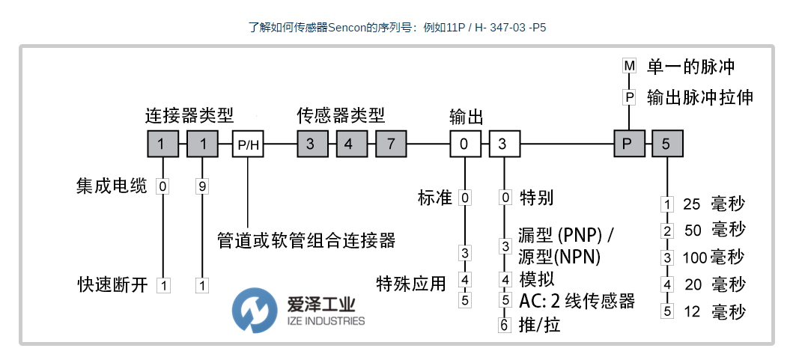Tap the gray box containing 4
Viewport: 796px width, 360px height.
pos(350,144)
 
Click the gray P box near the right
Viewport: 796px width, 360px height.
pos(628,144)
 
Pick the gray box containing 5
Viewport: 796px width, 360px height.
pos(666,144)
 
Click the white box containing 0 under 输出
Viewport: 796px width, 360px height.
pos(464,144)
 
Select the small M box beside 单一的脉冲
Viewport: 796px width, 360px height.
pos(629,66)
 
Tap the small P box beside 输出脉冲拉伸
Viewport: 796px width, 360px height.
pos(629,97)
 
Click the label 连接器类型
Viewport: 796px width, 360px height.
pos(189,115)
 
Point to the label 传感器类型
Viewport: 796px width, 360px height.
pos(341,115)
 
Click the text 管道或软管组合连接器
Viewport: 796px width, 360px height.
pos(306,240)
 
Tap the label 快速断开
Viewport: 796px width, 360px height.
pos(112,284)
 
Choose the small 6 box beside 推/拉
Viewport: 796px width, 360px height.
pos(505,325)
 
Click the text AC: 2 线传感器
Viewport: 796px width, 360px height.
pos(577,301)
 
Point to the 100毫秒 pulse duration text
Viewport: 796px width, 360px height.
pos(713,257)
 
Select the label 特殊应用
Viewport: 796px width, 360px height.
pos(411,283)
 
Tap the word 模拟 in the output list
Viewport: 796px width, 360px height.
pos(536,278)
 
